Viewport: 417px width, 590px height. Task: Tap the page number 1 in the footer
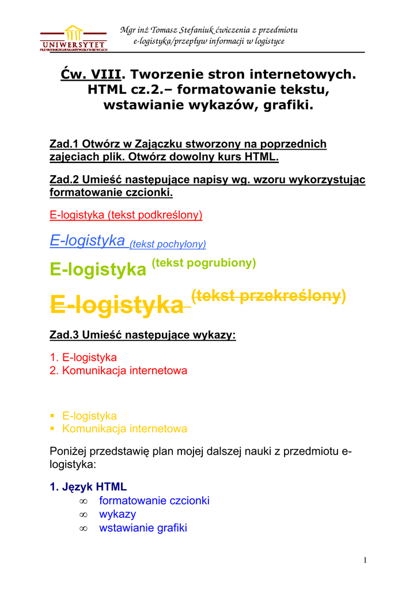point(365,560)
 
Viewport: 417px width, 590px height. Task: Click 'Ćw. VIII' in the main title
point(92,74)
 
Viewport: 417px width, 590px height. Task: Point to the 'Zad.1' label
point(65,144)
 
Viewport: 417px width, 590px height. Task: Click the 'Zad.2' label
point(65,179)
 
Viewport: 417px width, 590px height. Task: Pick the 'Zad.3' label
point(65,335)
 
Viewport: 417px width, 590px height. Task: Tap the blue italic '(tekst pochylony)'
point(168,244)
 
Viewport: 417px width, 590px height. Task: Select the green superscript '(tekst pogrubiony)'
point(203,263)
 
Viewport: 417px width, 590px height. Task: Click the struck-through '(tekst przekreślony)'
point(268,296)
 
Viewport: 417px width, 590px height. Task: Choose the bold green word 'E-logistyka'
point(98,269)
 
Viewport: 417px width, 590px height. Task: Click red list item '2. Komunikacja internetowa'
point(119,370)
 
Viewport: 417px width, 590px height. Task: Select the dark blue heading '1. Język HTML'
point(88,487)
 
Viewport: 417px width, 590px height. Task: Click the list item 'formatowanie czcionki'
point(154,500)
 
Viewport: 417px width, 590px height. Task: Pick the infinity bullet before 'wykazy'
point(83,515)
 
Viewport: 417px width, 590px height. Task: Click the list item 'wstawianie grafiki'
point(143,528)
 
